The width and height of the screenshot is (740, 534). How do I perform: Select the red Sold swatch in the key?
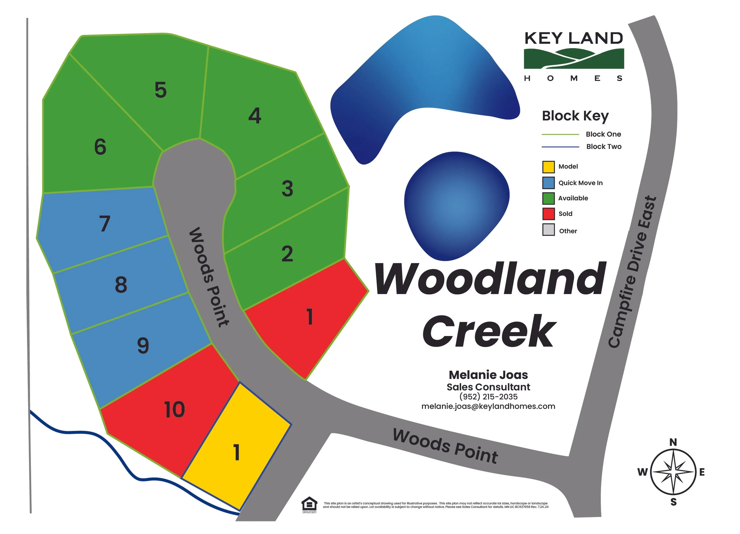click(548, 214)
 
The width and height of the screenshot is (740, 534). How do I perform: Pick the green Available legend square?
click(548, 198)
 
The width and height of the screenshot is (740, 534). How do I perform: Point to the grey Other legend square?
click(548, 230)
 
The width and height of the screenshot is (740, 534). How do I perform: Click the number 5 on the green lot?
click(160, 90)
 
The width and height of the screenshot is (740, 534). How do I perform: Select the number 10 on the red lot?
click(175, 410)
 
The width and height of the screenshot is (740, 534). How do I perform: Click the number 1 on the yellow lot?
click(237, 452)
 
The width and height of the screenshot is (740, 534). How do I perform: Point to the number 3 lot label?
click(287, 188)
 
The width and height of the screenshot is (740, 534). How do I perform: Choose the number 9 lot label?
click(143, 346)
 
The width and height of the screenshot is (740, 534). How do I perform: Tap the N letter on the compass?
click(673, 442)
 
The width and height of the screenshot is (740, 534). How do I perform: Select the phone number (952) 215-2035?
click(488, 397)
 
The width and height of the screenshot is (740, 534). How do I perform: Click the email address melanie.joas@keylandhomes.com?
click(488, 406)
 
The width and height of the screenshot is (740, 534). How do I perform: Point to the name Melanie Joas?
click(488, 375)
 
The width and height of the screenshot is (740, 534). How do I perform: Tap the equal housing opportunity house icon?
click(309, 504)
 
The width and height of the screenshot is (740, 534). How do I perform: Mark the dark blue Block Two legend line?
click(560, 147)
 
